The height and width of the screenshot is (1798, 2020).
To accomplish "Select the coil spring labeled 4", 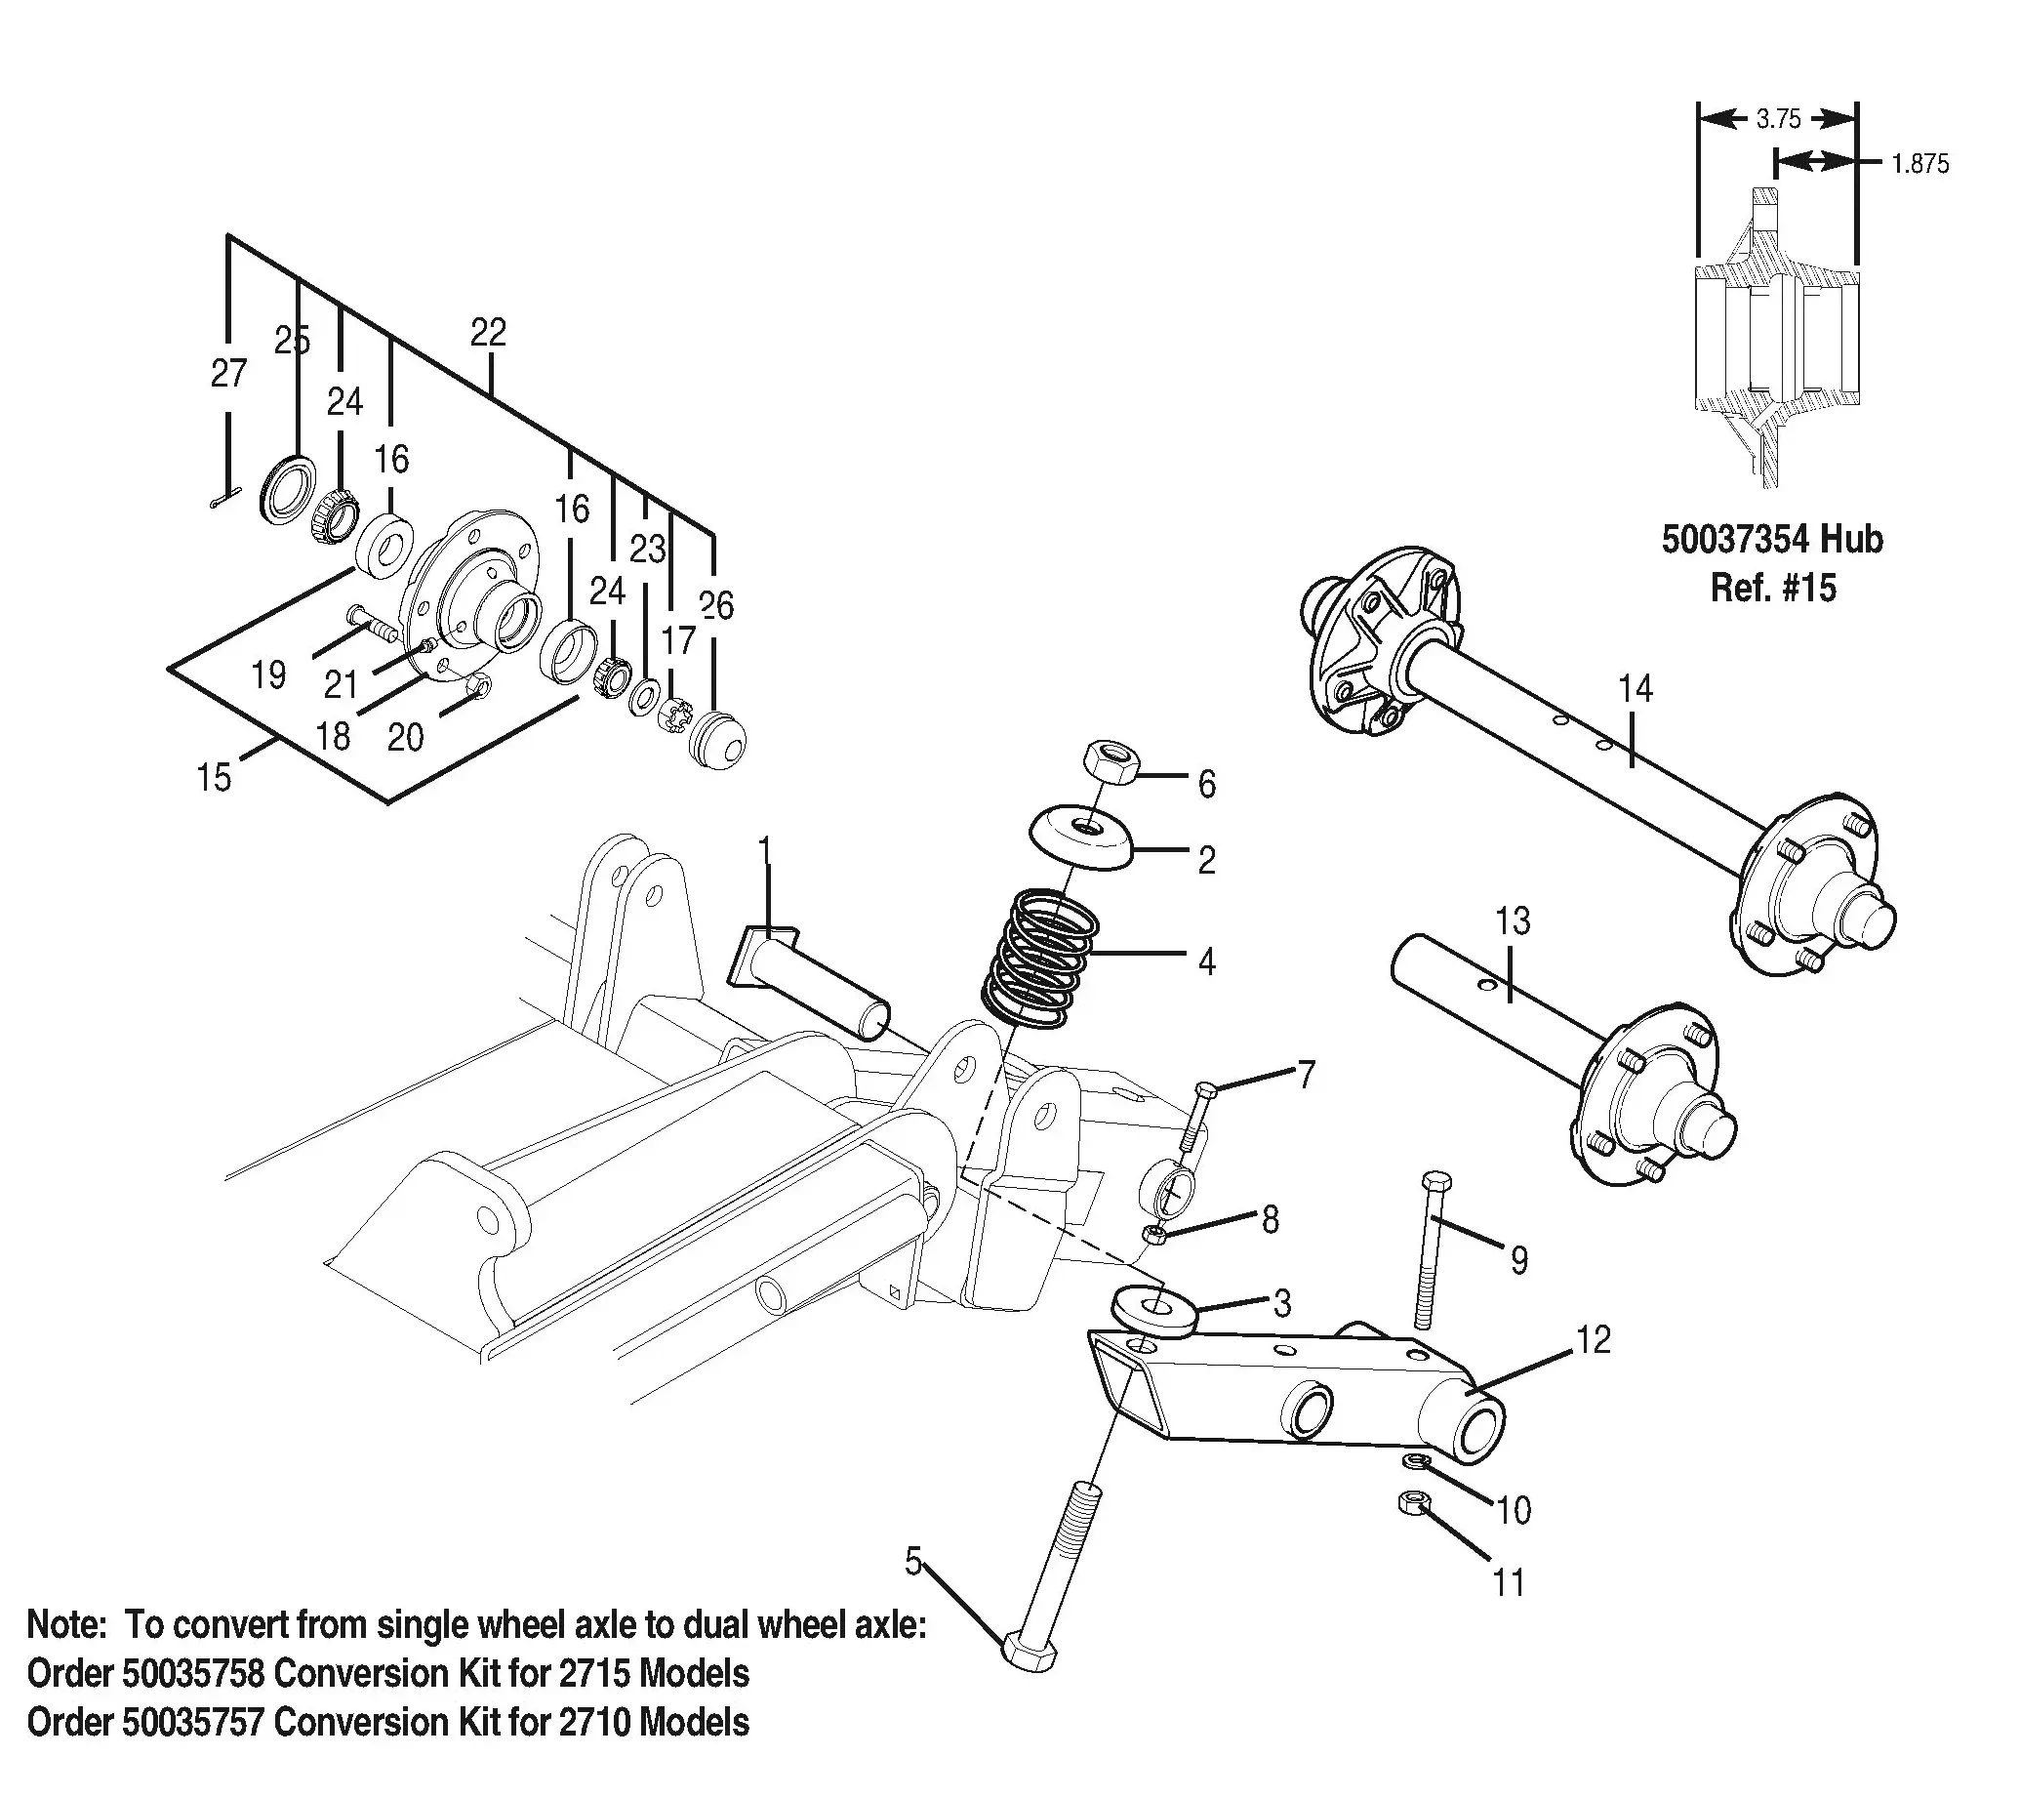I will pyautogui.click(x=1039, y=959).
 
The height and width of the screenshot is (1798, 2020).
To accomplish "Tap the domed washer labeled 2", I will pyautogui.click(x=1081, y=839).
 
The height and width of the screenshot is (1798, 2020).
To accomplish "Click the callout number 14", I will pyautogui.click(x=1636, y=689).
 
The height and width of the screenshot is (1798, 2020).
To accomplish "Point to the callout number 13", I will pyautogui.click(x=1512, y=921).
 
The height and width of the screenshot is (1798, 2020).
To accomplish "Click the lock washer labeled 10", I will pyautogui.click(x=1417, y=1461).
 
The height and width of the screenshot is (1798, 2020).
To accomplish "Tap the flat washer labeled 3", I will pyautogui.click(x=1154, y=1312).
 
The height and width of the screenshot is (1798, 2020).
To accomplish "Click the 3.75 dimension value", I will pyautogui.click(x=1778, y=120).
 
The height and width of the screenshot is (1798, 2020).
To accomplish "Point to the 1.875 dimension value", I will pyautogui.click(x=1919, y=164).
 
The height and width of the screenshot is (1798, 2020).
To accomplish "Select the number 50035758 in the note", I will pyautogui.click(x=193, y=1673).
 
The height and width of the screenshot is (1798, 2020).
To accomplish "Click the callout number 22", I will pyautogui.click(x=488, y=332).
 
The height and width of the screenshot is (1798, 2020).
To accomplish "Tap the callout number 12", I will pyautogui.click(x=1594, y=1339).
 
